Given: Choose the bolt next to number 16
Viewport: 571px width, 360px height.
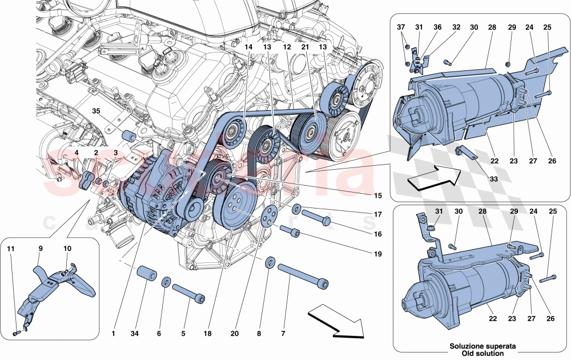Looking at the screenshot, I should coord(315,218).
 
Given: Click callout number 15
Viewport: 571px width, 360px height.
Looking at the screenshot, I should coord(378,195).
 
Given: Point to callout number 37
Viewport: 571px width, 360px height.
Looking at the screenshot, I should coord(401,27).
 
